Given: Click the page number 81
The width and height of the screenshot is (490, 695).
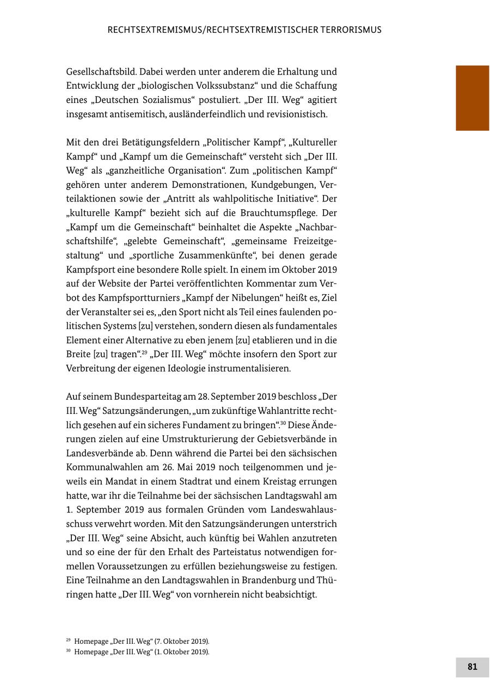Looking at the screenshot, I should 472,667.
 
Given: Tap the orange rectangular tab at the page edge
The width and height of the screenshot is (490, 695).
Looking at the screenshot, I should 472,98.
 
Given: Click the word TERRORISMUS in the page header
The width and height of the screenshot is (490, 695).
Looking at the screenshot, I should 347,30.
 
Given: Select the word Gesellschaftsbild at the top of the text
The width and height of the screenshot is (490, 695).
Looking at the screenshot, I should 101,71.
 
